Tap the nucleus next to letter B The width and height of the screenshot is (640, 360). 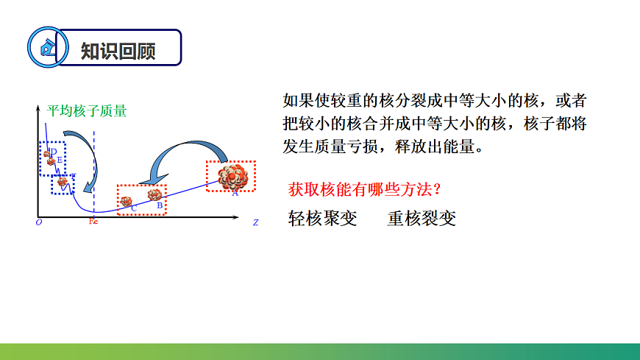(154, 194)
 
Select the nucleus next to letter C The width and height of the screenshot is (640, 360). (127, 201)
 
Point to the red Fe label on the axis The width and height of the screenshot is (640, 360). (93, 221)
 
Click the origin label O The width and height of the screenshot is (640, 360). (39, 221)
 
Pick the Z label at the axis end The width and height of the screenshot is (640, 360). (255, 221)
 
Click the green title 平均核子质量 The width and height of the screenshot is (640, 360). (87, 111)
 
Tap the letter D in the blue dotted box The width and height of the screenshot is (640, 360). (53, 152)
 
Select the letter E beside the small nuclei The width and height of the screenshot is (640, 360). (60, 159)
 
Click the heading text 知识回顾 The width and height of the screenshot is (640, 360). (118, 49)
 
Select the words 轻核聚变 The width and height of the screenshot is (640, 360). (322, 219)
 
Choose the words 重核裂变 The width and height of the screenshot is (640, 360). (422, 219)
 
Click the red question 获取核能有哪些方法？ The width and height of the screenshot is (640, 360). (364, 189)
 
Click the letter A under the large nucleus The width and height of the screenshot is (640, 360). (235, 194)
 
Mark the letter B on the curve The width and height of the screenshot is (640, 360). (160, 206)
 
